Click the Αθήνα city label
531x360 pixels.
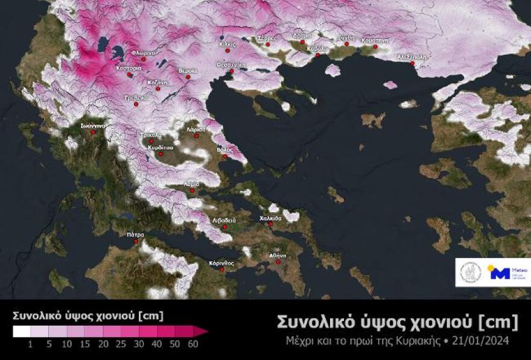[278, 256]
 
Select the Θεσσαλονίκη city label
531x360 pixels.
[231, 65]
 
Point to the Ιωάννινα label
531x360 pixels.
[94, 125]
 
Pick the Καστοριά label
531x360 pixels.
[129, 68]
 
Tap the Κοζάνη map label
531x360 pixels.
[159, 81]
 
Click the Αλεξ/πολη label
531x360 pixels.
[411, 56]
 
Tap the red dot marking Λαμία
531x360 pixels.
[192, 191]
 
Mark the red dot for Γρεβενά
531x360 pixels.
[136, 104]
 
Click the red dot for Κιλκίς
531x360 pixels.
[227, 51]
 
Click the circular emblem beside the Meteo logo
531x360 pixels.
[471, 273]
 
